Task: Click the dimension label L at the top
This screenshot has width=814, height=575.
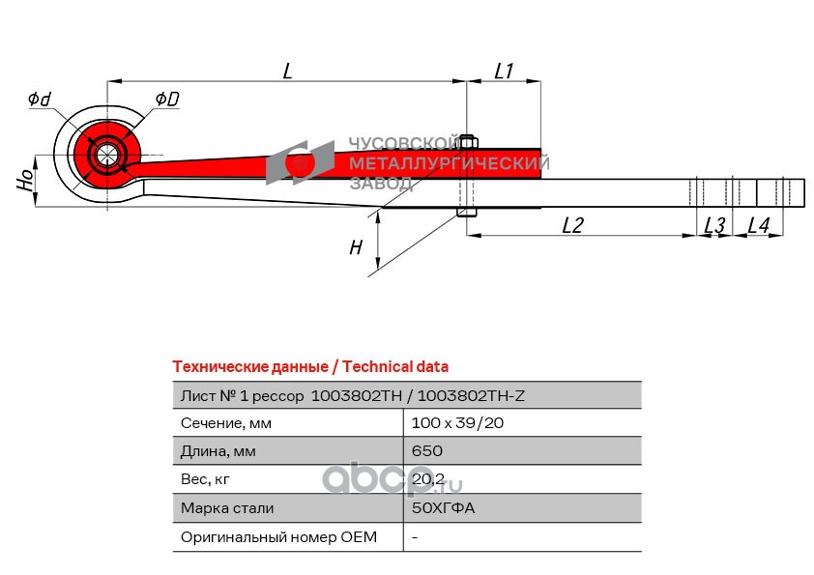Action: pyautogui.click(x=288, y=71)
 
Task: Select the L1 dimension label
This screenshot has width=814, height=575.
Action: pyautogui.click(x=504, y=71)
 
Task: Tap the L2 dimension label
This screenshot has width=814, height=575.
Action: pyautogui.click(x=572, y=225)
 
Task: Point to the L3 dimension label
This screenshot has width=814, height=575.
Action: pyautogui.click(x=714, y=225)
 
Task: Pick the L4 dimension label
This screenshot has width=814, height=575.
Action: pyautogui.click(x=758, y=225)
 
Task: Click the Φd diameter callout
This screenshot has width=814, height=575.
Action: pyautogui.click(x=40, y=99)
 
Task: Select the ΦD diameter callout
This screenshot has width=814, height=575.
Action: pyautogui.click(x=167, y=99)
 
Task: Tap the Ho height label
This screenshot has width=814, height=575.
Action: pyautogui.click(x=25, y=180)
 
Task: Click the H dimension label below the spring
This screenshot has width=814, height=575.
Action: pyautogui.click(x=356, y=247)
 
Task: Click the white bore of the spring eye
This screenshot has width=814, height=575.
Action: pyautogui.click(x=106, y=155)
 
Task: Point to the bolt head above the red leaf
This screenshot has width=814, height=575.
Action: pyautogui.click(x=468, y=141)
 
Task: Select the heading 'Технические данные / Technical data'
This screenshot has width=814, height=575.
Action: pyautogui.click(x=310, y=367)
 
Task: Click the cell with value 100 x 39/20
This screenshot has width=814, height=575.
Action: pyautogui.click(x=457, y=423)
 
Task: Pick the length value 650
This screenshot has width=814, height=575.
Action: pyautogui.click(x=426, y=450)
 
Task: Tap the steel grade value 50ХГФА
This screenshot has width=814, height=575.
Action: pyautogui.click(x=444, y=507)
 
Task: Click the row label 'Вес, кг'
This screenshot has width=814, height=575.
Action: pyautogui.click(x=205, y=479)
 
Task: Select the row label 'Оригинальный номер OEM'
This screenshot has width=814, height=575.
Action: pyautogui.click(x=278, y=536)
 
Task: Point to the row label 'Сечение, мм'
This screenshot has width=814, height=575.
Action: pyautogui.click(x=226, y=423)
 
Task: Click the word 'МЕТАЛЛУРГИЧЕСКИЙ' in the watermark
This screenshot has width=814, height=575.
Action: pyautogui.click(x=449, y=163)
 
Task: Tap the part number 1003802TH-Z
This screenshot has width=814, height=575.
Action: pyautogui.click(x=471, y=396)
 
